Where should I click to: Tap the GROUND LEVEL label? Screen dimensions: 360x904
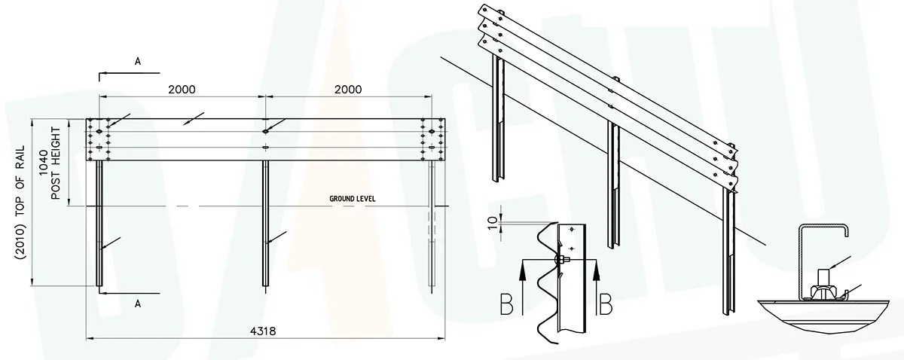tap(352, 199)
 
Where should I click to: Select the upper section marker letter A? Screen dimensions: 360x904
tap(138, 63)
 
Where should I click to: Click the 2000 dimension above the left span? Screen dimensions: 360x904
tap(182, 89)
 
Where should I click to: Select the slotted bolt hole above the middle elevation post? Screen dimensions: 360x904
tap(265, 130)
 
